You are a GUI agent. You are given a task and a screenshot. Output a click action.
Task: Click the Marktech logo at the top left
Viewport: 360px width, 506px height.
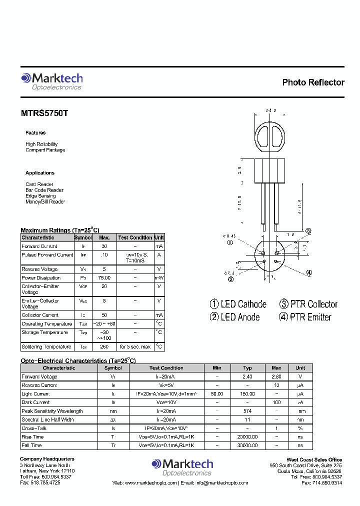51,81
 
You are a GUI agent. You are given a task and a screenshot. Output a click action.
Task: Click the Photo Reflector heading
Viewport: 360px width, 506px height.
313,82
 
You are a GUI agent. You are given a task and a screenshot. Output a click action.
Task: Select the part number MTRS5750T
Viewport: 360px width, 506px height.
44,113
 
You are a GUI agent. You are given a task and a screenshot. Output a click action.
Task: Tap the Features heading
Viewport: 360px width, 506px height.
35,133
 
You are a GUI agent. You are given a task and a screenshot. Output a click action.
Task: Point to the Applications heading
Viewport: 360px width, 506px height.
40,173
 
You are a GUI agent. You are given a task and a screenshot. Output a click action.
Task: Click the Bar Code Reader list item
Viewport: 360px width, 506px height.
44,190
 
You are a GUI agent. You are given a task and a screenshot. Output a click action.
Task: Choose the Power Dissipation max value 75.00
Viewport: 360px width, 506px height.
104,278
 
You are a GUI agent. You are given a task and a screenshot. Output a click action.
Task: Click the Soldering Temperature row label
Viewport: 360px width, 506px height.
46,347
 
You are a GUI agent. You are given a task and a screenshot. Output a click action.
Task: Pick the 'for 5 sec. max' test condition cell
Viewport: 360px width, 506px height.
135,347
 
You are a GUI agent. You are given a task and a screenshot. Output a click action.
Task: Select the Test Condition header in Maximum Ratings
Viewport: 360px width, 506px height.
135,238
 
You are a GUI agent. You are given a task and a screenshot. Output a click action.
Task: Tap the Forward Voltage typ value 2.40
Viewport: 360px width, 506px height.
247,377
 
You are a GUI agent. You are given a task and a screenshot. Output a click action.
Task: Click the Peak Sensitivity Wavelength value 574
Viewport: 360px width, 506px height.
247,411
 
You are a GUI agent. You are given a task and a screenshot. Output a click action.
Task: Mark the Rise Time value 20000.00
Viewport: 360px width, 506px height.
247,437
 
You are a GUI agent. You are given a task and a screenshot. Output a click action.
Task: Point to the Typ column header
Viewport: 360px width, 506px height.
247,368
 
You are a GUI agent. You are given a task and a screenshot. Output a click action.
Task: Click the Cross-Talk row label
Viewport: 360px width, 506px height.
33,428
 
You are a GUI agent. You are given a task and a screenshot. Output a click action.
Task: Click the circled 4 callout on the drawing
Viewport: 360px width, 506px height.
309,272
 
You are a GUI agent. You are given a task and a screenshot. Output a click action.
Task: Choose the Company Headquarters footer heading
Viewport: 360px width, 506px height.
47,459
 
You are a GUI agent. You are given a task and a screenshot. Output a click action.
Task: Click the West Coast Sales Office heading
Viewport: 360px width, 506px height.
314,459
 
